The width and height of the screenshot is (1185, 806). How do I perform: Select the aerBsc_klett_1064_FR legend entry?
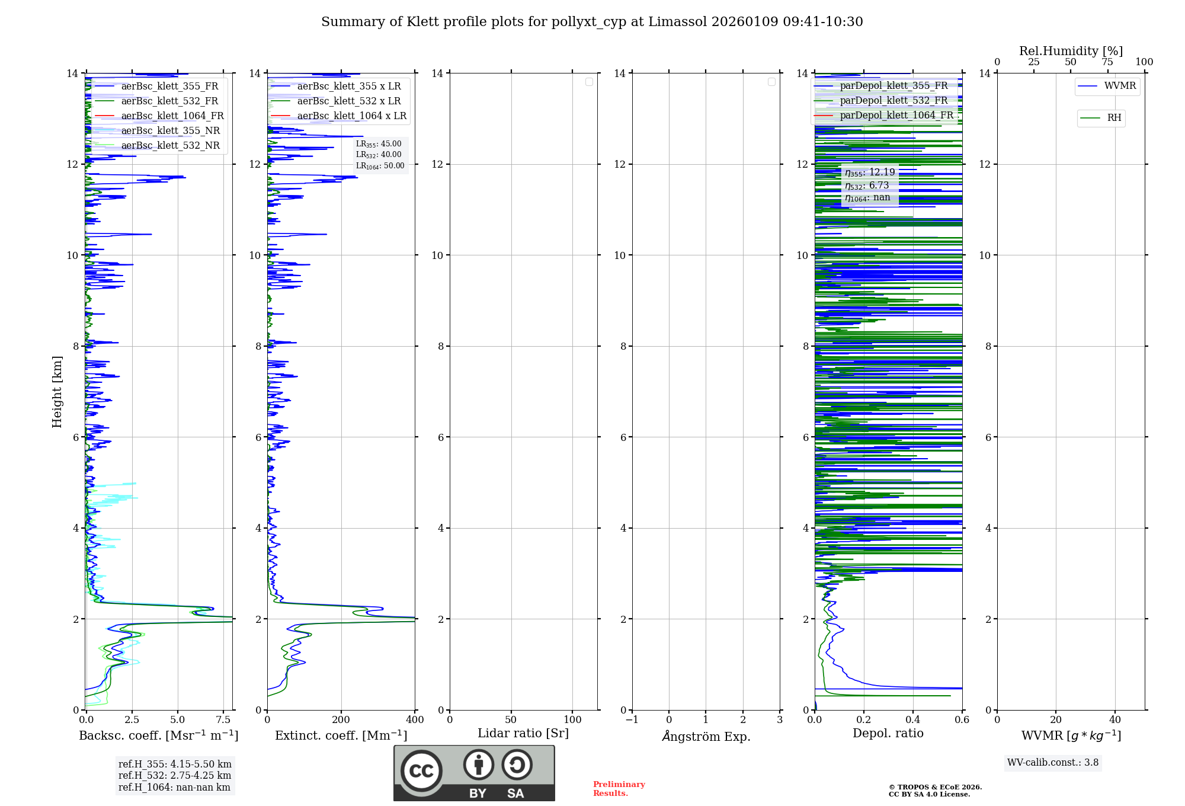[x=172, y=116]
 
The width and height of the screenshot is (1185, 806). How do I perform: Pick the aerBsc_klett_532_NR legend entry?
[x=170, y=145]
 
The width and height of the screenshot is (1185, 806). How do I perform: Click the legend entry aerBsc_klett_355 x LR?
[x=348, y=86]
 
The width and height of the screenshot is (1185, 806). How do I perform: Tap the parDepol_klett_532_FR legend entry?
[x=893, y=100]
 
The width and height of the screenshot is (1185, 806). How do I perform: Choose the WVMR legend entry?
[x=1120, y=86]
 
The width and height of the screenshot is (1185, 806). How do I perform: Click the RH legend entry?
[x=1114, y=118]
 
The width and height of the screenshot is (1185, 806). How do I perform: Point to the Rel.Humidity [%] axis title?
[x=1071, y=51]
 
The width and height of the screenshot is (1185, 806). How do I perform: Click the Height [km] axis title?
[x=57, y=392]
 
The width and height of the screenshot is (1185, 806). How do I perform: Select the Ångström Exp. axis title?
[x=706, y=736]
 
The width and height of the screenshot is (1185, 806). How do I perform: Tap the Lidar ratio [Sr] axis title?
[x=523, y=733]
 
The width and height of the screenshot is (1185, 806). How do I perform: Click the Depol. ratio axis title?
[x=888, y=733]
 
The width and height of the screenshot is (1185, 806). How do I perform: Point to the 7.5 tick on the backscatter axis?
[x=223, y=719]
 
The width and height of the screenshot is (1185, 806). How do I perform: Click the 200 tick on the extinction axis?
[x=341, y=719]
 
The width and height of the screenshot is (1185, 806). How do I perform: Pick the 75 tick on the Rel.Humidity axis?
[x=1107, y=62]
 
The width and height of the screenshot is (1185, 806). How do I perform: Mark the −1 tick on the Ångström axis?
[x=632, y=719]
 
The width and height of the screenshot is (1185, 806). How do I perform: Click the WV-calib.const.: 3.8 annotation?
[x=1053, y=762]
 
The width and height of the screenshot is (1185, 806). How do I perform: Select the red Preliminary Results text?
[x=619, y=789]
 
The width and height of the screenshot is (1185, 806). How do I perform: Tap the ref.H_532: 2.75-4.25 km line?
[x=175, y=775]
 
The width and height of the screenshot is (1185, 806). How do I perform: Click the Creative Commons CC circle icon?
[x=421, y=771]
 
